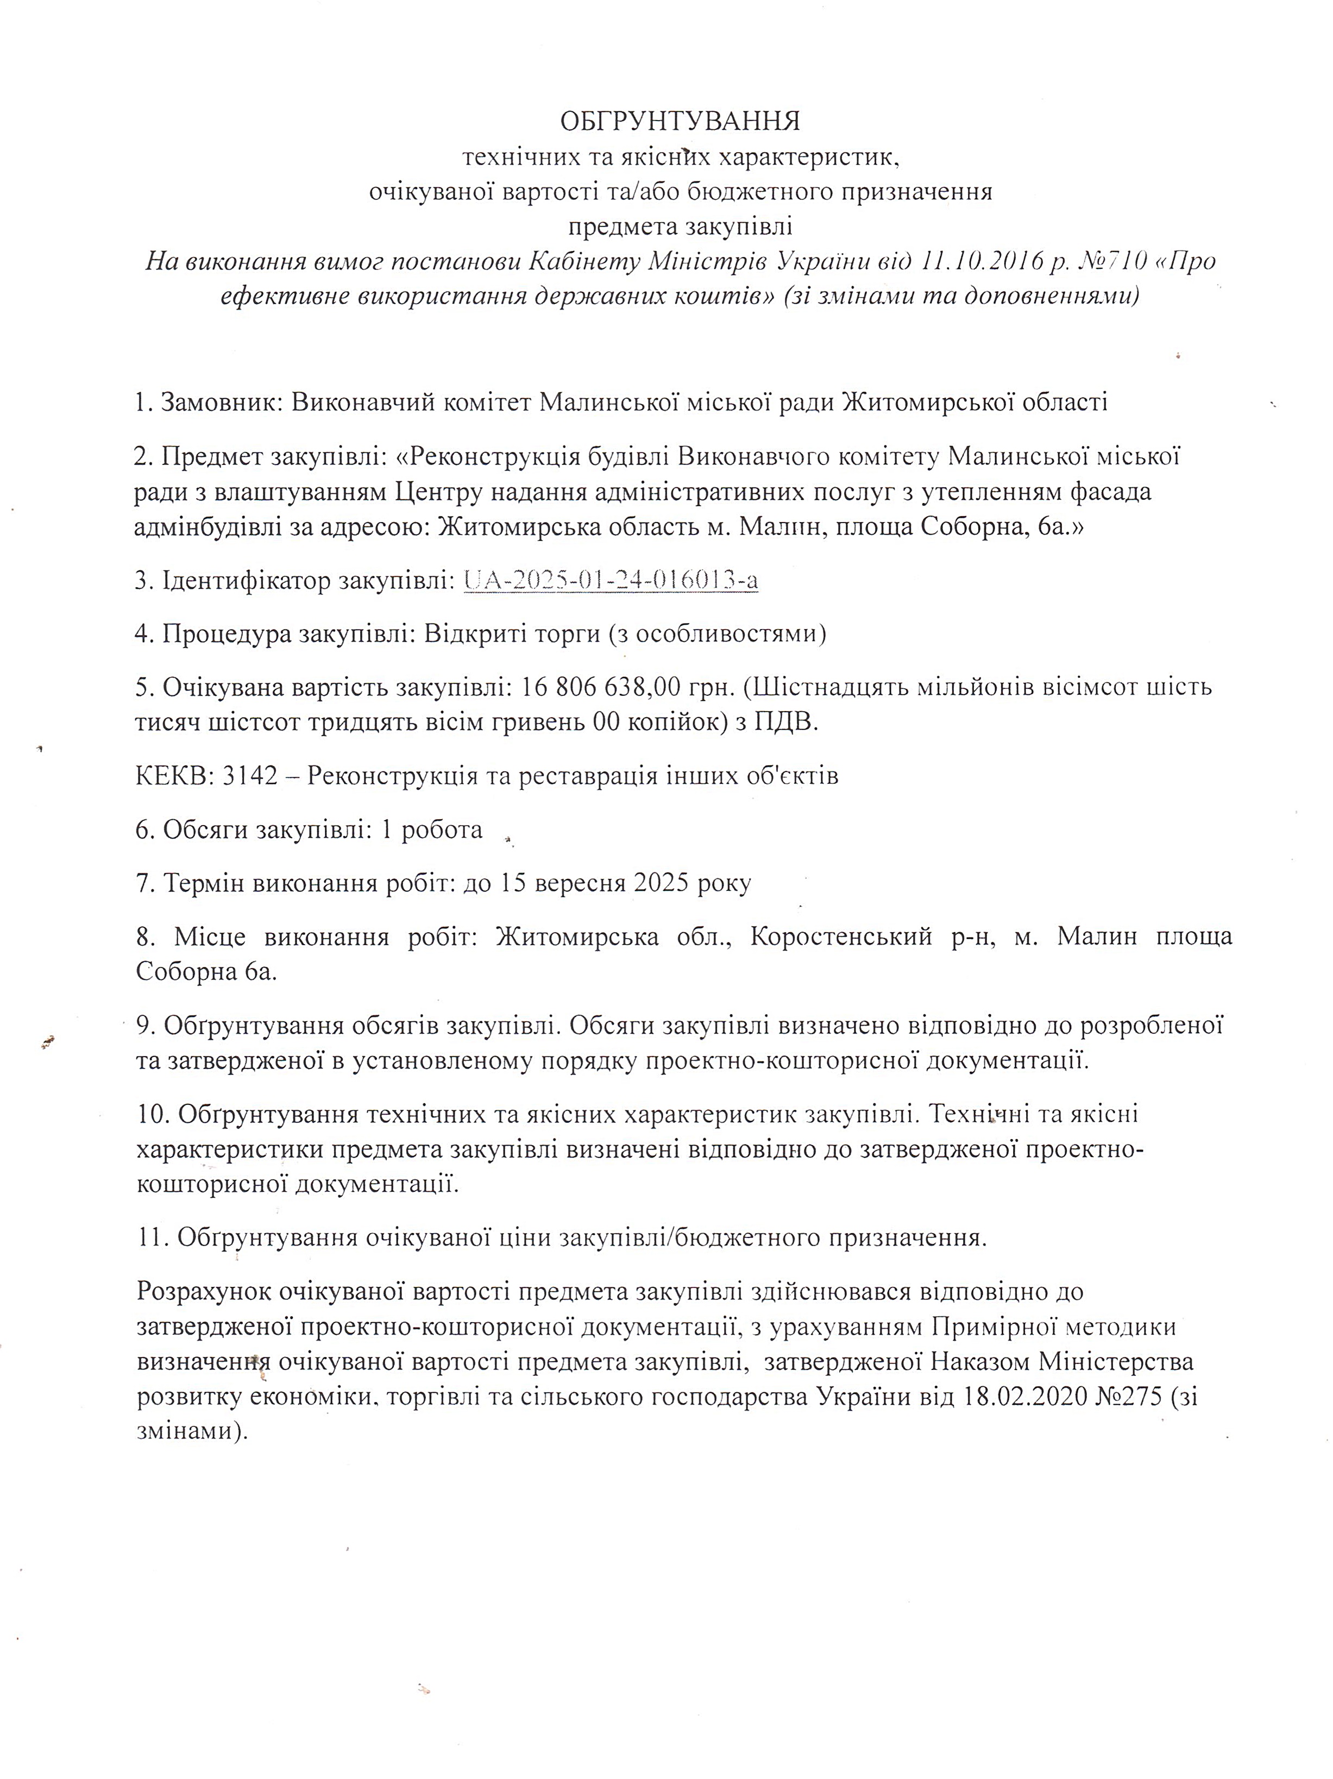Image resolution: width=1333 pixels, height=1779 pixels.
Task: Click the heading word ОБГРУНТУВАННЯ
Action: coord(680,122)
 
